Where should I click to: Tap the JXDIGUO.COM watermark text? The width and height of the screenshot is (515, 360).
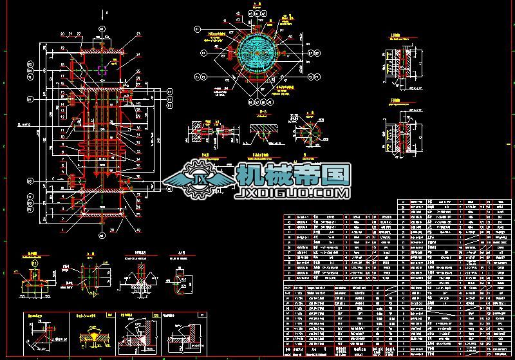[x=294, y=192]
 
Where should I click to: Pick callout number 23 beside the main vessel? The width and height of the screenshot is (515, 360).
[x=138, y=34]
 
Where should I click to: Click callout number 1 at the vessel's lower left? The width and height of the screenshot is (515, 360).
[x=61, y=228]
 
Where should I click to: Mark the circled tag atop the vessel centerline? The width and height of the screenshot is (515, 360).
[x=101, y=29]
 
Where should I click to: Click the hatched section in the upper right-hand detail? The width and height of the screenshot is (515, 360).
[x=406, y=68]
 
